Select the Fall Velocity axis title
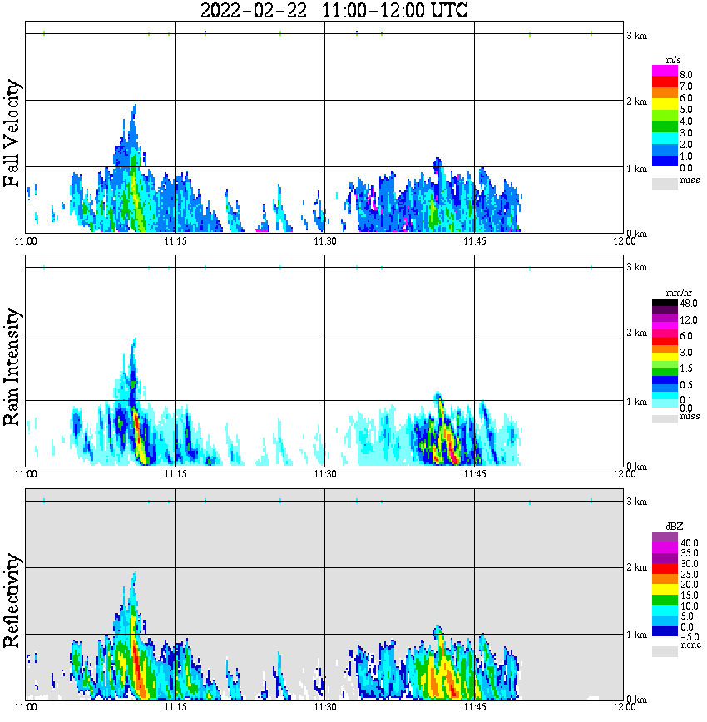pyautogui.click(x=12, y=133)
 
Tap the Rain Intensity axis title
pyautogui.click(x=12, y=367)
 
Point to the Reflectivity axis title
pyautogui.click(x=12, y=600)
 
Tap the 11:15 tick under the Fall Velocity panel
pyautogui.click(x=175, y=240)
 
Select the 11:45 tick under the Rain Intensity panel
pyautogui.click(x=474, y=474)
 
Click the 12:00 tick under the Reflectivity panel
pyautogui.click(x=624, y=707)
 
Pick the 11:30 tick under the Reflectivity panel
pyautogui.click(x=324, y=707)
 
